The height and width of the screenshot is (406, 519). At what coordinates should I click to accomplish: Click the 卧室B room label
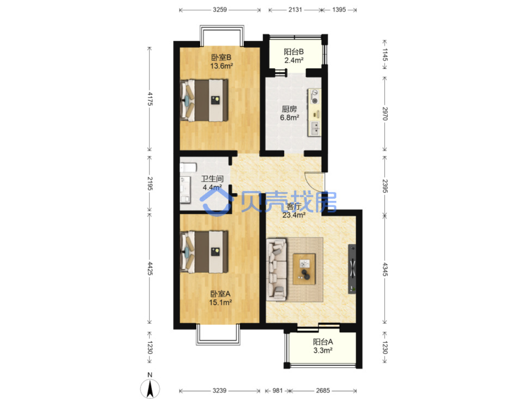coord(221,57)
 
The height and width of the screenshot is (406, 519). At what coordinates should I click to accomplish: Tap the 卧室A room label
coord(220,293)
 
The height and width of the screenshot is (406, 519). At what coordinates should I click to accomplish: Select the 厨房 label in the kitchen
coord(289,109)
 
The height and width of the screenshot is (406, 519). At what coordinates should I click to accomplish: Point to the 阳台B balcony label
coord(293,52)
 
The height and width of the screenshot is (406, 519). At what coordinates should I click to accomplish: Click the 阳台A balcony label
coord(323,342)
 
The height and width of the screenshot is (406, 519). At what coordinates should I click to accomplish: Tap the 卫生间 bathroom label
coord(212,179)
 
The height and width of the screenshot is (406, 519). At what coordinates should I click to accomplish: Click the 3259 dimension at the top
coord(220,10)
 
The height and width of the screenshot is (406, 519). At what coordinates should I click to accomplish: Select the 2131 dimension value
coord(295,10)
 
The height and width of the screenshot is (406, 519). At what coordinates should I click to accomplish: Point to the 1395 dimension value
coord(339,10)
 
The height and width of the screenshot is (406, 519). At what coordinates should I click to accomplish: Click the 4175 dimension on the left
coord(150,99)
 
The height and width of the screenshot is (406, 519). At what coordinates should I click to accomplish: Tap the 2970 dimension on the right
coord(385,113)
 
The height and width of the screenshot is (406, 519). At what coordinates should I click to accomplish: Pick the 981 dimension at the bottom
coord(278,391)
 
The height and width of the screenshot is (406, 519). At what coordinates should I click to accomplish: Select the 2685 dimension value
coord(323,391)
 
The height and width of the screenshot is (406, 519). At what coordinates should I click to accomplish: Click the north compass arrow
coord(150,388)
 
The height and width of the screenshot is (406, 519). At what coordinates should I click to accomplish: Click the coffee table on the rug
coord(304,269)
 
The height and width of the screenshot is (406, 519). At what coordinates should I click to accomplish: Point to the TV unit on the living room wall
coord(352,269)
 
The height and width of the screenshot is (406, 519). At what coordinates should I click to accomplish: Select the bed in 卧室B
coord(204,100)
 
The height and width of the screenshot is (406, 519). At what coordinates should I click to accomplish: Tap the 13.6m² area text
coord(222,66)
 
